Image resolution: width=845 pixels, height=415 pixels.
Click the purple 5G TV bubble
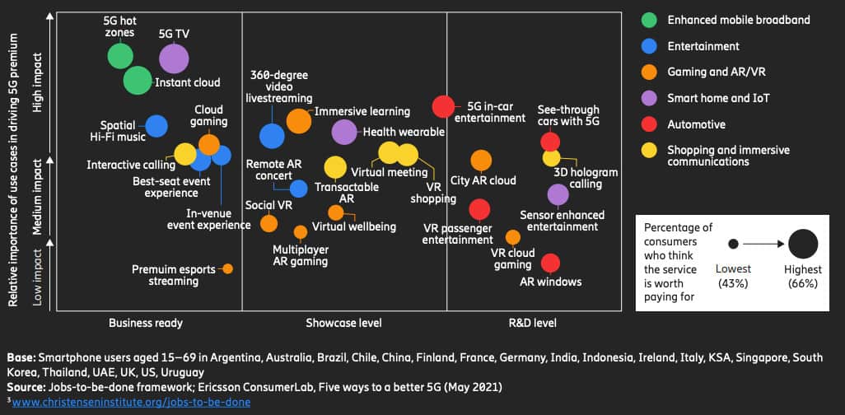point(173,58)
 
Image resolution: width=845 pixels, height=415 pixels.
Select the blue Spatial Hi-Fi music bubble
point(156,126)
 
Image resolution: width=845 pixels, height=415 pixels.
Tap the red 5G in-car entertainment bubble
point(444,107)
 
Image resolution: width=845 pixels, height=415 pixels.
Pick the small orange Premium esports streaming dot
point(227,268)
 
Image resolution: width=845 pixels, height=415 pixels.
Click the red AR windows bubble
point(550,263)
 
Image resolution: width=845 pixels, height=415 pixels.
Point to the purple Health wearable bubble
point(344,132)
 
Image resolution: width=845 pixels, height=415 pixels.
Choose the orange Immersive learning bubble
point(298,120)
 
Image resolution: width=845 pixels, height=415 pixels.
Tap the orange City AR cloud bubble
point(481,161)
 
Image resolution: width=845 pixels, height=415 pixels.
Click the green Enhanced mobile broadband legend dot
point(650,20)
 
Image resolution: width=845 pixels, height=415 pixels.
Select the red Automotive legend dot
point(650,124)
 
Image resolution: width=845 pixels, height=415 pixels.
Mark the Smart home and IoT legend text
point(718,99)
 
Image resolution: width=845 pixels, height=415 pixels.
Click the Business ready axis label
point(146,323)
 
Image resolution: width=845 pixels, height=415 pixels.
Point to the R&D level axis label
point(534,323)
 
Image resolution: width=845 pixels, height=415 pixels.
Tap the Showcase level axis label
point(343,323)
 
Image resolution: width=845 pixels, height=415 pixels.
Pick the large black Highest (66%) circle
point(803,245)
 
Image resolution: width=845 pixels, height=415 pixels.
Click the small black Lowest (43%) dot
point(733,245)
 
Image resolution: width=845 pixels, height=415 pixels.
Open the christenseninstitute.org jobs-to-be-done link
point(132,402)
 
